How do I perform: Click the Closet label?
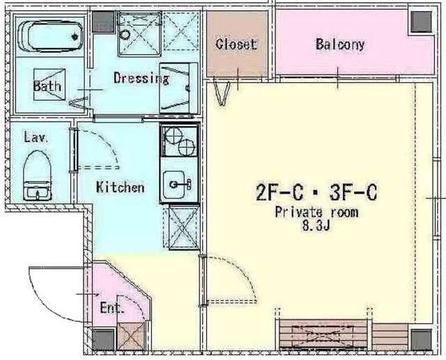236,45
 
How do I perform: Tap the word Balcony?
340,45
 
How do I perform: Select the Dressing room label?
141,78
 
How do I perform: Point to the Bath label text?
47,86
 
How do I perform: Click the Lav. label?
36,137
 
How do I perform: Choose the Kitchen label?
120,187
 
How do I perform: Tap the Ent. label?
112,308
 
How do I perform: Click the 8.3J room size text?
316,226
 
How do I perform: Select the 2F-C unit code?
279,193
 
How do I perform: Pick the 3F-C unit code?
353,193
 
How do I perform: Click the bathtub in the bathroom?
50,36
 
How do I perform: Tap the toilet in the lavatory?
37,175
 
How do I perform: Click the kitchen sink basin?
176,185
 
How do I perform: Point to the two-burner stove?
179,141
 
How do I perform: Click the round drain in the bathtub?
75,36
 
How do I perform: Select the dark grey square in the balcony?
422,22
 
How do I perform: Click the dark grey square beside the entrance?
103,340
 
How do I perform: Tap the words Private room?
316,212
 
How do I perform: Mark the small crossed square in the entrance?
131,336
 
